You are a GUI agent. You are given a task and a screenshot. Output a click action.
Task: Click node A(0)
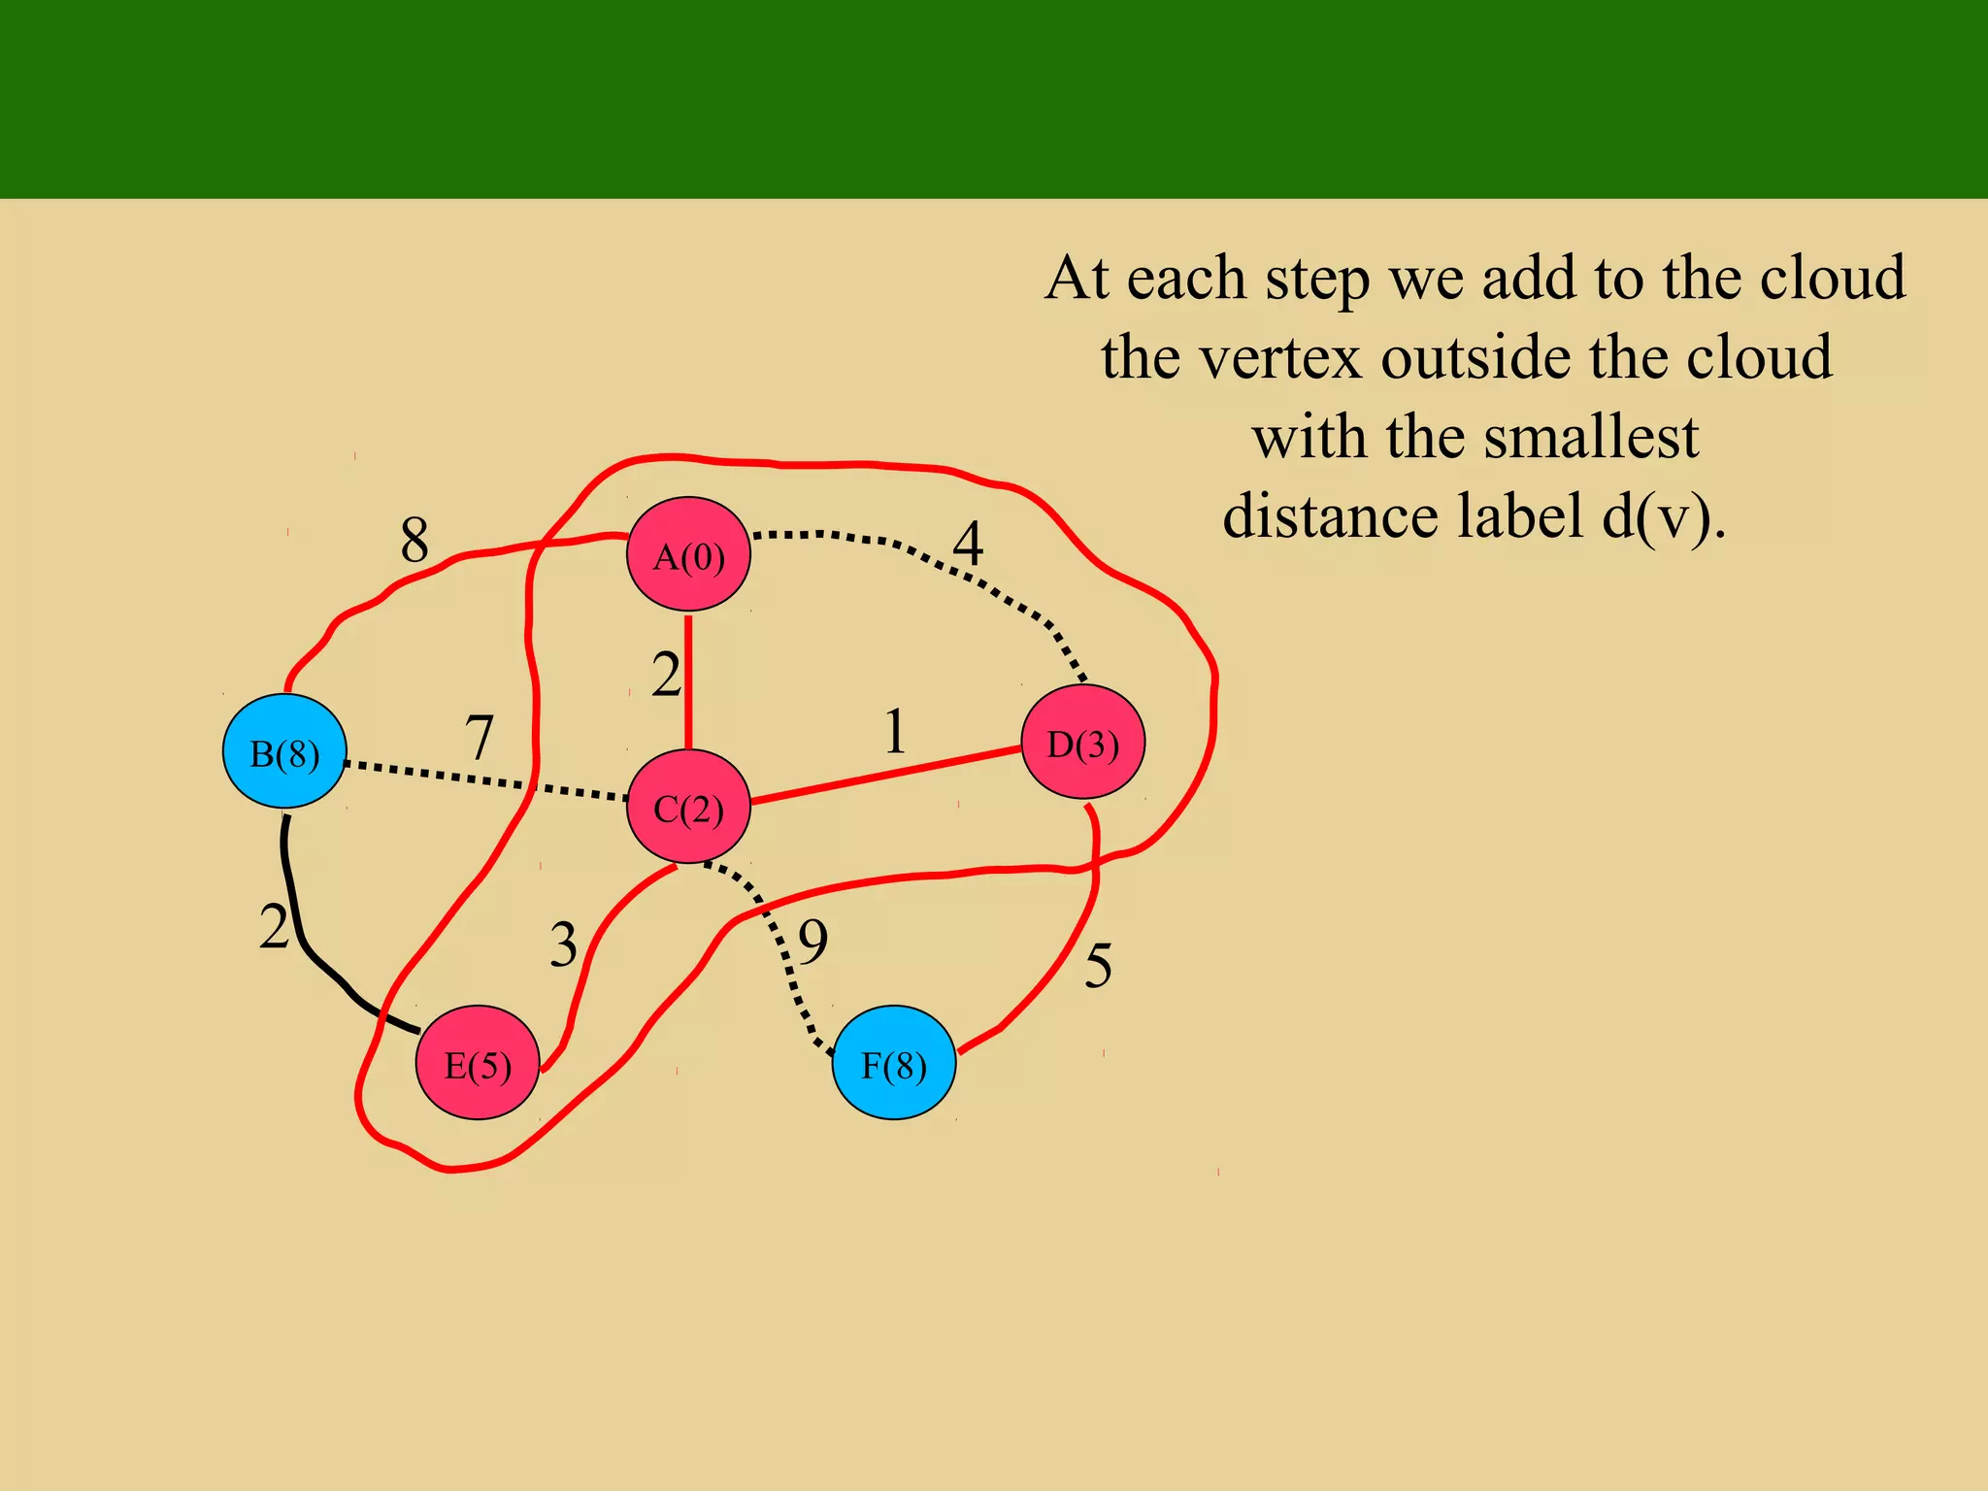tap(688, 554)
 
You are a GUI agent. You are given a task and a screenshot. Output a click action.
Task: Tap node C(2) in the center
tap(688, 807)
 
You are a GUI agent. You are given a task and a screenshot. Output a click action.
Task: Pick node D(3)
tap(1083, 743)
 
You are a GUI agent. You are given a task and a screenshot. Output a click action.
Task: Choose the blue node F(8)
tap(894, 1063)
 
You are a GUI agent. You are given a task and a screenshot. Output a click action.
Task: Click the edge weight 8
tap(414, 540)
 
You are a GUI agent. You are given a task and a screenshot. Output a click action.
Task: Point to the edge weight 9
tap(813, 941)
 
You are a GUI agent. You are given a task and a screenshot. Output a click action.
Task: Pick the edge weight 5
tap(1098, 966)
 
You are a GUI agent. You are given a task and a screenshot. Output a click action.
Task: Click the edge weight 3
tap(563, 944)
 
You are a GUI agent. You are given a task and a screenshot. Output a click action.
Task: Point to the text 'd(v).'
tap(1663, 516)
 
